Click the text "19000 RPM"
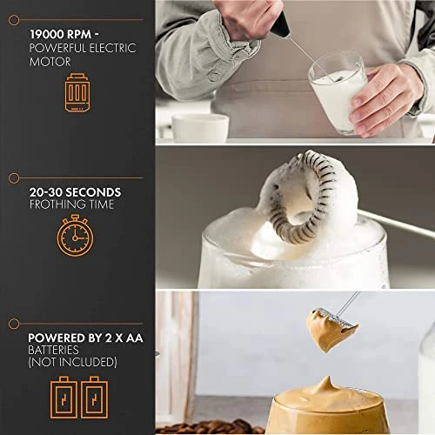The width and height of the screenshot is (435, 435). (61, 34)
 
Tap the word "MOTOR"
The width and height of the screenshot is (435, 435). (50, 62)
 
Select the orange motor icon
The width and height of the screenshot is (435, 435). (77, 92)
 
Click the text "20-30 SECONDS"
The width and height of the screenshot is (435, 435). (75, 192)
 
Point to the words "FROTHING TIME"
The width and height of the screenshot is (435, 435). (71, 204)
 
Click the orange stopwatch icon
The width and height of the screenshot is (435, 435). (75, 236)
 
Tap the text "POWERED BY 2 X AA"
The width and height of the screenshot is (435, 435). (85, 338)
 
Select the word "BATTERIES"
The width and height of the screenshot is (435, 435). (53, 350)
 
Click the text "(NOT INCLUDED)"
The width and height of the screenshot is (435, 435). (72, 362)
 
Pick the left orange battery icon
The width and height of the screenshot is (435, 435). (64, 398)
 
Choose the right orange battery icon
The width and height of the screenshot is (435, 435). (95, 398)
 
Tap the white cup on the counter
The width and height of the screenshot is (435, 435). (200, 128)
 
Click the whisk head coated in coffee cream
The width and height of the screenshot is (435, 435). (331, 329)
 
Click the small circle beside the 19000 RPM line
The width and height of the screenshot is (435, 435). (14, 20)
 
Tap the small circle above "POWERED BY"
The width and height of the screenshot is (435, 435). (14, 324)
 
